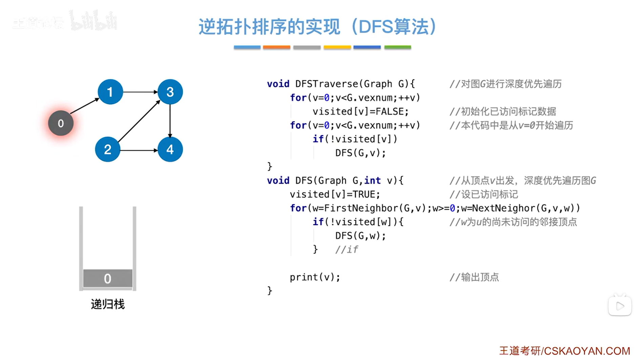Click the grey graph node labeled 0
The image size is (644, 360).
click(x=61, y=123)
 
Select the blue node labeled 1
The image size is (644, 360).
click(x=110, y=92)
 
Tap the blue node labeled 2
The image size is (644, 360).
click(x=107, y=149)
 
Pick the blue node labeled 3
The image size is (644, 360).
click(x=170, y=92)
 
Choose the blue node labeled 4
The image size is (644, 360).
click(x=170, y=149)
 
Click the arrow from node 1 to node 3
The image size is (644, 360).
click(x=140, y=92)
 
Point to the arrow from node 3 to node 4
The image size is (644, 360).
click(x=170, y=121)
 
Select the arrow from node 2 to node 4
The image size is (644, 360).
click(x=139, y=150)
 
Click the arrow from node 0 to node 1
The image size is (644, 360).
click(x=84, y=106)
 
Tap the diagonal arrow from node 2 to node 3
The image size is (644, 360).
click(x=139, y=121)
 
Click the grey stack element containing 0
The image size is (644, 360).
click(x=107, y=278)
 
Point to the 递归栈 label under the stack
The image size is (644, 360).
click(x=108, y=304)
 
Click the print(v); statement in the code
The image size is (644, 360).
click(x=315, y=277)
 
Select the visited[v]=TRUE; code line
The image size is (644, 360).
click(x=335, y=194)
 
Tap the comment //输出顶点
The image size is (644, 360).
click(x=474, y=277)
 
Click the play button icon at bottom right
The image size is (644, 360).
click(x=620, y=306)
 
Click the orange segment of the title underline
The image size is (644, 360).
click(x=276, y=47)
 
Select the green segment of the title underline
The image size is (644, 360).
click(x=397, y=47)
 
